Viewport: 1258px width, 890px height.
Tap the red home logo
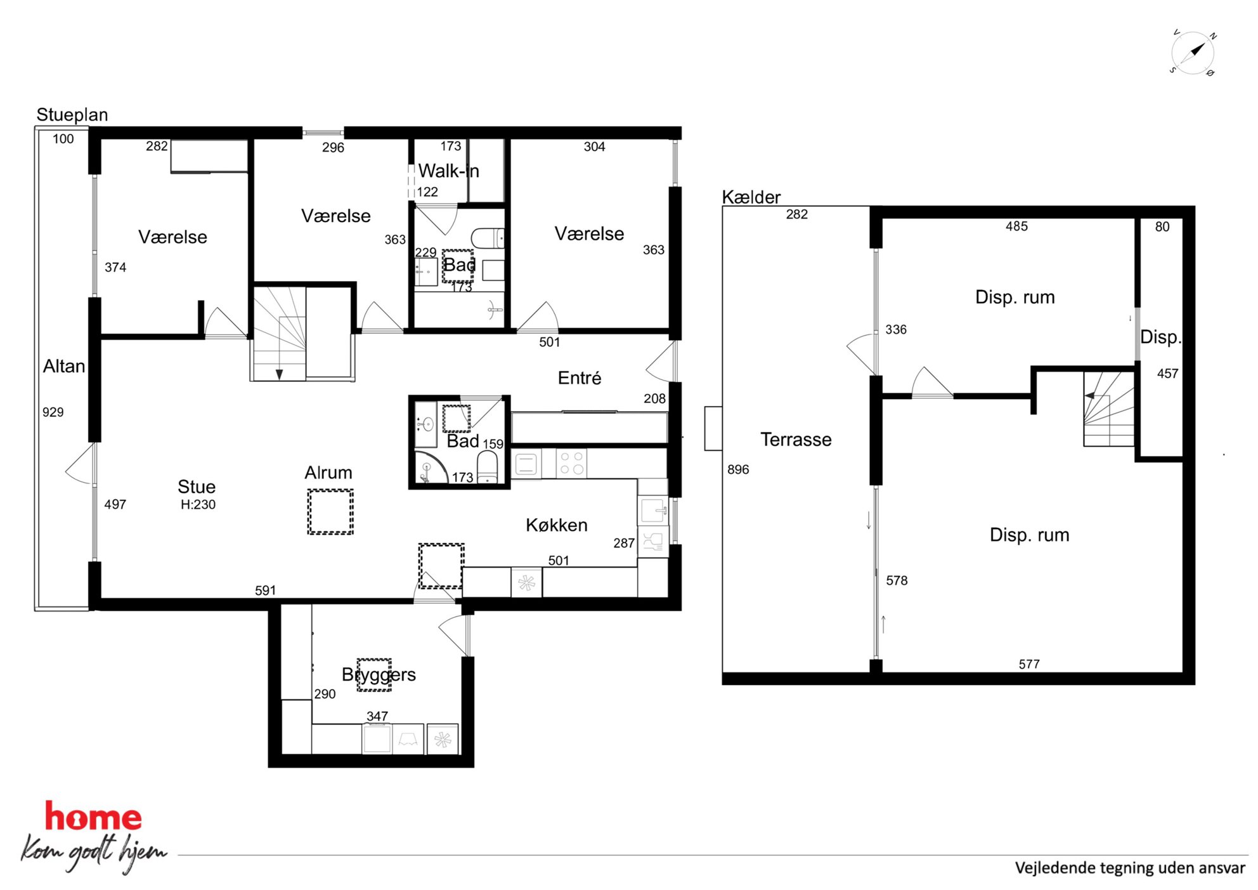pos(93,817)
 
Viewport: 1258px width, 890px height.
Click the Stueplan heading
pos(72,115)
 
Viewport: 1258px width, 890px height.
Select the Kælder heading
pos(751,197)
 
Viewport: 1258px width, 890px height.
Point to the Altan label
pos(64,366)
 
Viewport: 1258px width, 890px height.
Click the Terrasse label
pos(796,439)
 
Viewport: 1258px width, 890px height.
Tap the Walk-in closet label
pos(448,171)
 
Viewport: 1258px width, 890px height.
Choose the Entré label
pos(580,378)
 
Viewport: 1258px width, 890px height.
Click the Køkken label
pos(557,525)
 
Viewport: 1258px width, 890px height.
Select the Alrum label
pos(328,473)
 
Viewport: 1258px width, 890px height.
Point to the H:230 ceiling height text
pos(198,505)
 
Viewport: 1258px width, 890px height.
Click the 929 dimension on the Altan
pos(53,412)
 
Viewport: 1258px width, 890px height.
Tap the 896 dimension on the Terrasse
pos(738,469)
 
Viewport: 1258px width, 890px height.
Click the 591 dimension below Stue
pos(266,591)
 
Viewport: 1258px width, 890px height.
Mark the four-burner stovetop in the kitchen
pos(572,463)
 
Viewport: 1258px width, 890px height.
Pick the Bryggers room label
pos(379,674)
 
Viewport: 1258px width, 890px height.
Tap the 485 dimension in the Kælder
pos(1016,226)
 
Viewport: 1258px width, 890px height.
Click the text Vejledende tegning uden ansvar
pos(1130,868)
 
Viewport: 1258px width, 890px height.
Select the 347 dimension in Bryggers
pos(377,716)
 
